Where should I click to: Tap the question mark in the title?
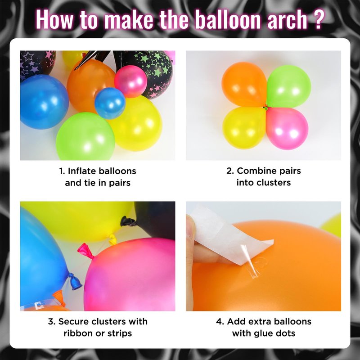click(318, 19)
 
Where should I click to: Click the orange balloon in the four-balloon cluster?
click(244, 84)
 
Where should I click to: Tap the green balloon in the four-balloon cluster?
click(288, 86)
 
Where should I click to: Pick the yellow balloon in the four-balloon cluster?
click(244, 128)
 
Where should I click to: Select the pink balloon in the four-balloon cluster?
click(287, 129)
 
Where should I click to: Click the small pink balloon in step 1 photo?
click(130, 81)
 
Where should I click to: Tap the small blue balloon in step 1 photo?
click(110, 103)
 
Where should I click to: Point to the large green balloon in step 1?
click(85, 136)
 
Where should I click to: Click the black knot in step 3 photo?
click(128, 221)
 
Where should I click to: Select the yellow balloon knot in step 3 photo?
click(112, 239)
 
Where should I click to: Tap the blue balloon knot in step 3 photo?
click(75, 282)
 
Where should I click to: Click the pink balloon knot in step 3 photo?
click(85, 251)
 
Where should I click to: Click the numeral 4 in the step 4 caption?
click(219, 322)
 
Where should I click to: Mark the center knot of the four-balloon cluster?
click(266, 107)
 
